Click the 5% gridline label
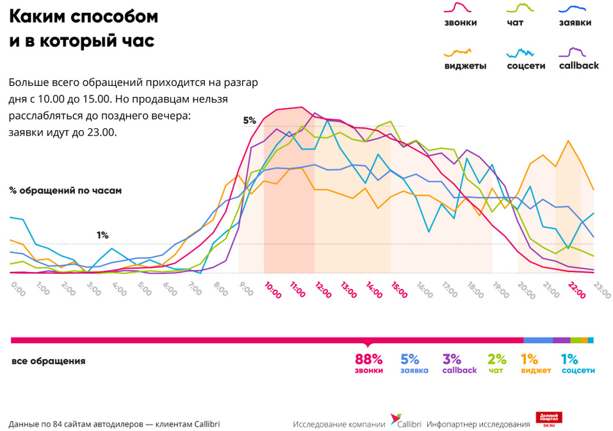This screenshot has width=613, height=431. click(249, 120)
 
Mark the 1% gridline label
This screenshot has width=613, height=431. click(102, 235)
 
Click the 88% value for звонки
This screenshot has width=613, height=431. click(368, 359)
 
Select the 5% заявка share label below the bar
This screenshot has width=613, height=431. click(409, 359)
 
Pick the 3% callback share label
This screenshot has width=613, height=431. click(452, 359)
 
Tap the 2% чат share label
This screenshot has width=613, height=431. click(496, 359)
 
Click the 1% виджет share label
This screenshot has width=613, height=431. click(529, 359)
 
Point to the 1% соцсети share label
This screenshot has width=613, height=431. click(569, 359)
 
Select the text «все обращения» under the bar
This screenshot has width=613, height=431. click(48, 361)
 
